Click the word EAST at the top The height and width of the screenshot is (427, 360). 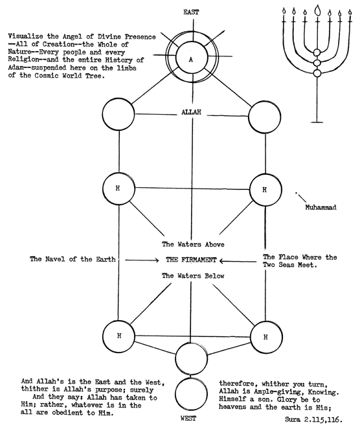(x=191, y=12)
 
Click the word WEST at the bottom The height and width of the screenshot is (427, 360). (x=188, y=418)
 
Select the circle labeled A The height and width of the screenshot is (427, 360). (x=192, y=59)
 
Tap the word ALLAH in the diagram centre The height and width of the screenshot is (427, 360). (x=191, y=112)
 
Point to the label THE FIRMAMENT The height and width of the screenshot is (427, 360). (x=191, y=260)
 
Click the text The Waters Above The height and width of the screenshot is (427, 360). (x=193, y=244)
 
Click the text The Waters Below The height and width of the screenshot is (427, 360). (x=193, y=276)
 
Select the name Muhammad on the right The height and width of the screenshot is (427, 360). (x=321, y=207)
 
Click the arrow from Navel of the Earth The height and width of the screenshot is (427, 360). (x=142, y=260)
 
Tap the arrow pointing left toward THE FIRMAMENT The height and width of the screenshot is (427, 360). (x=238, y=261)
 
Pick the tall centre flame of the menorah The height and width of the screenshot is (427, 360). (x=317, y=10)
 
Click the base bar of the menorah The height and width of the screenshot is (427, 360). (x=317, y=122)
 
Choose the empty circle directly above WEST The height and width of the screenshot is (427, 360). (x=191, y=394)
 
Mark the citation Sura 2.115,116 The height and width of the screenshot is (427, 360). (x=313, y=419)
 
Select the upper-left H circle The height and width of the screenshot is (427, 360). (x=118, y=189)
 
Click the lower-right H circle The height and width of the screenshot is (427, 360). (x=266, y=337)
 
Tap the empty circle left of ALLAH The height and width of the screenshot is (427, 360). (x=118, y=114)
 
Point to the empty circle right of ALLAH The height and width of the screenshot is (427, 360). (x=264, y=117)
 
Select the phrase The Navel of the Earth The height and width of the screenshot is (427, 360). (x=73, y=259)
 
